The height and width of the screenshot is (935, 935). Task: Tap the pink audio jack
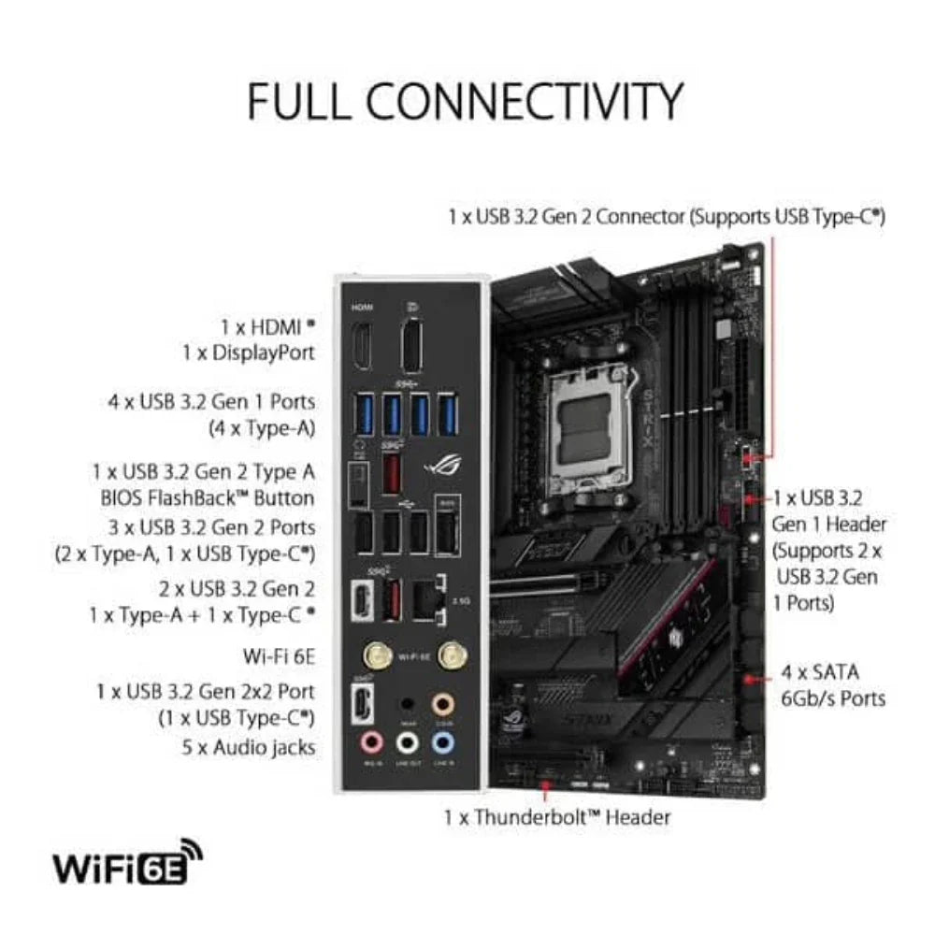[x=372, y=742]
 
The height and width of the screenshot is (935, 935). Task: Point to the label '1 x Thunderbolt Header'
[x=557, y=816]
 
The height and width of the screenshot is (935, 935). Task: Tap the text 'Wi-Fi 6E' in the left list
[x=278, y=657]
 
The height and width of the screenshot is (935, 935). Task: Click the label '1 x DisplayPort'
[x=248, y=352]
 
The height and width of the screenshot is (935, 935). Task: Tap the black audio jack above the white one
[x=407, y=702]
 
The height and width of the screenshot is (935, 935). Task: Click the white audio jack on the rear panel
[x=407, y=742]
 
